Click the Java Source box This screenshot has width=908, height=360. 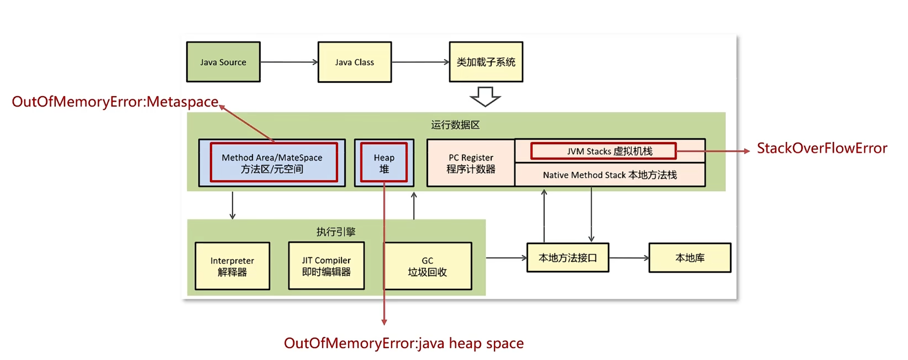(x=223, y=62)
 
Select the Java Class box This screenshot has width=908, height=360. (x=355, y=62)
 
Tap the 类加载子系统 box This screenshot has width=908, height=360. (x=486, y=62)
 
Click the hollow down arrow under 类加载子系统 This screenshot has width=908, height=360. (x=485, y=97)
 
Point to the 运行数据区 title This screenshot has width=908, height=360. (x=455, y=125)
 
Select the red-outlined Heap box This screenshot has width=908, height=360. (x=384, y=163)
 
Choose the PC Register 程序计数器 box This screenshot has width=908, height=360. (x=471, y=163)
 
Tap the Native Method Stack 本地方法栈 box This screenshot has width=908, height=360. (x=610, y=175)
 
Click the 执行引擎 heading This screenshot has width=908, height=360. (x=336, y=231)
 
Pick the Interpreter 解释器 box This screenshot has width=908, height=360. (x=232, y=266)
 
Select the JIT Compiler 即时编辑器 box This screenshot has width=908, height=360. (x=326, y=266)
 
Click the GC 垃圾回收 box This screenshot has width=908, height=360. (x=427, y=266)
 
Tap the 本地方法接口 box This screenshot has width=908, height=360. (x=567, y=258)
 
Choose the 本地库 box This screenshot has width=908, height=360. (x=690, y=258)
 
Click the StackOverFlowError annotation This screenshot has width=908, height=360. (x=822, y=148)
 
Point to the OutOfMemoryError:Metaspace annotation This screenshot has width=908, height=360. (x=115, y=102)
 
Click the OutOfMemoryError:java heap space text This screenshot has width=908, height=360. (x=403, y=343)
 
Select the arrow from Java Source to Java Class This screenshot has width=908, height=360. (x=289, y=62)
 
